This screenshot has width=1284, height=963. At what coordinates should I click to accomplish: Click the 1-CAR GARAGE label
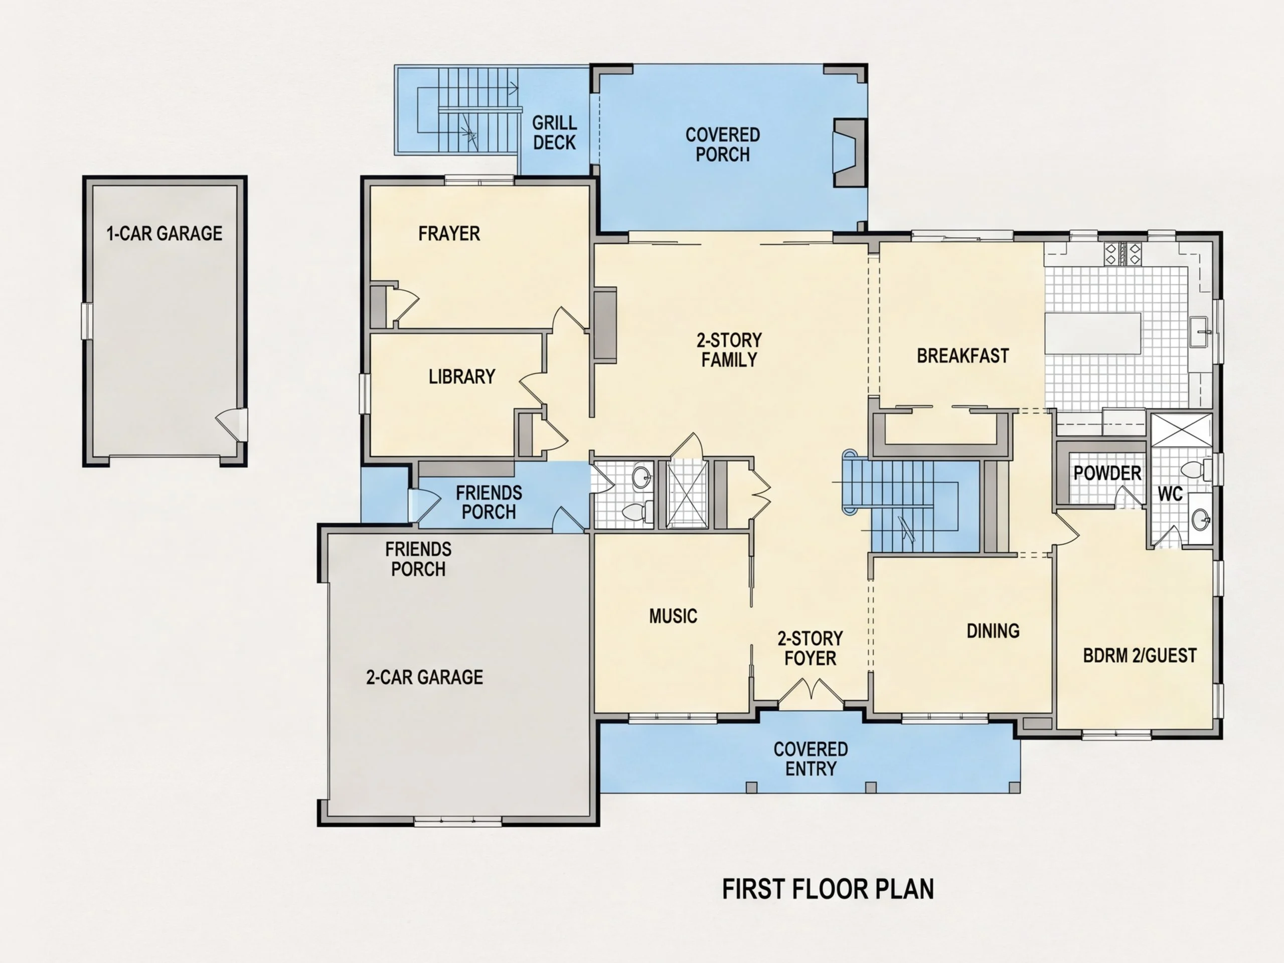point(165,233)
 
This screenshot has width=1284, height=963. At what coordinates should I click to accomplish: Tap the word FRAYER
point(449,233)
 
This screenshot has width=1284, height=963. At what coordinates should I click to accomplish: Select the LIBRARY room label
point(462,377)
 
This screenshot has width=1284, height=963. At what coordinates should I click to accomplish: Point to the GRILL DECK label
point(554,132)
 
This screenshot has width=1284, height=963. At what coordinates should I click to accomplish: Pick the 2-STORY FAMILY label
point(729,350)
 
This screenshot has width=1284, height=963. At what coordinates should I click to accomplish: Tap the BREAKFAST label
point(963,355)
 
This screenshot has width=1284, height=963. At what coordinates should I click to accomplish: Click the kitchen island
point(1093,333)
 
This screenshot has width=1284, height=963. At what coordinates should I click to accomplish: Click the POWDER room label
point(1107,473)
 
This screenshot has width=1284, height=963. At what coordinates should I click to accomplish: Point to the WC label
point(1170,494)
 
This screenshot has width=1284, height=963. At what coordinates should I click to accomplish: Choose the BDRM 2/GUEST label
point(1140,656)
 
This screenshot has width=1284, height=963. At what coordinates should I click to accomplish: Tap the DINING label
point(993,630)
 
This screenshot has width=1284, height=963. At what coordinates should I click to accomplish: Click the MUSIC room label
point(673,616)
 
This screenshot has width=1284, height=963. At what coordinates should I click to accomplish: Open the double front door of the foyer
point(811,694)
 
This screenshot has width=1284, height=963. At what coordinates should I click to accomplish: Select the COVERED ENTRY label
point(811,759)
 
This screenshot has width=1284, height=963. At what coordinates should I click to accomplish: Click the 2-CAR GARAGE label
point(424,677)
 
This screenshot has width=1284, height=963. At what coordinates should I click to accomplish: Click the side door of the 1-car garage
point(233,424)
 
